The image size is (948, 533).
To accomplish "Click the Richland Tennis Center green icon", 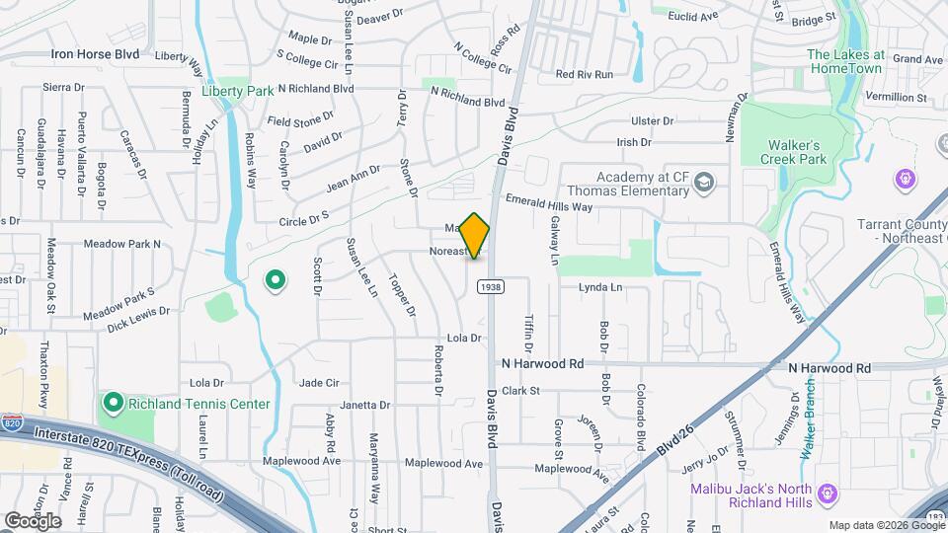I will [x=113, y=404].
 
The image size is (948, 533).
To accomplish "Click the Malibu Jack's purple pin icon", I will [x=828, y=493].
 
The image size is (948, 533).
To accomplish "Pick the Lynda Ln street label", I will [x=601, y=288].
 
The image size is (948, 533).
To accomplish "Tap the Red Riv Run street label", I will [x=585, y=74].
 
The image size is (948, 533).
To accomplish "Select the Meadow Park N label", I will [x=121, y=243].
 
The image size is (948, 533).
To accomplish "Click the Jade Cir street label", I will [x=319, y=383].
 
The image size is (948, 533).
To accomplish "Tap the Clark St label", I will [x=520, y=391].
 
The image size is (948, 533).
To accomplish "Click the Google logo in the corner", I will [x=33, y=520].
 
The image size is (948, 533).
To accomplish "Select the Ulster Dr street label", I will [x=652, y=120].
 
